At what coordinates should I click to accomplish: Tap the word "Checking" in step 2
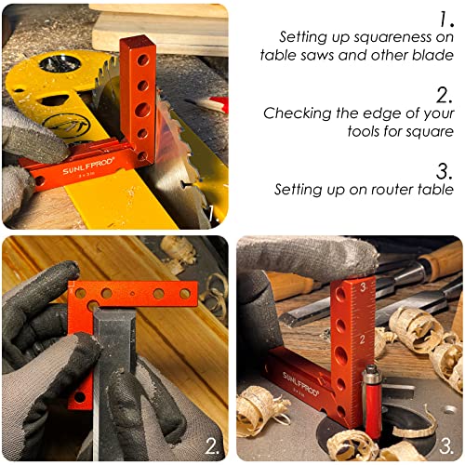coord(297,113)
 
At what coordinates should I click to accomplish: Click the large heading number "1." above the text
coord(446,20)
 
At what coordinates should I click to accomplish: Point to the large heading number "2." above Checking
coord(445,95)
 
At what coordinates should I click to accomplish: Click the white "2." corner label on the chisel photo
coord(212,446)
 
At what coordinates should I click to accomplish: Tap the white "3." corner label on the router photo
coord(446,446)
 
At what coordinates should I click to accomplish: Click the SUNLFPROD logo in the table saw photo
coord(88,166)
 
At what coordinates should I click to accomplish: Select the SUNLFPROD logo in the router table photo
coord(300,384)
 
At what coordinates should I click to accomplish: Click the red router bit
coord(373,403)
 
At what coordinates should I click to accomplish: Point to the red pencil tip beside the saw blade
coord(218,104)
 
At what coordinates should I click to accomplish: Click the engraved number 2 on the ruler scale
coord(363,339)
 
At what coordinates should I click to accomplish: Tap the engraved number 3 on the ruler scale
coord(364,287)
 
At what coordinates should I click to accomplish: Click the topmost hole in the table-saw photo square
coord(143,60)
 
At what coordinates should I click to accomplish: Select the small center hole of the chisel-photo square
coord(132,293)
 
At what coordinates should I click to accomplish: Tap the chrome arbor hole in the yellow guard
coord(60,63)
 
